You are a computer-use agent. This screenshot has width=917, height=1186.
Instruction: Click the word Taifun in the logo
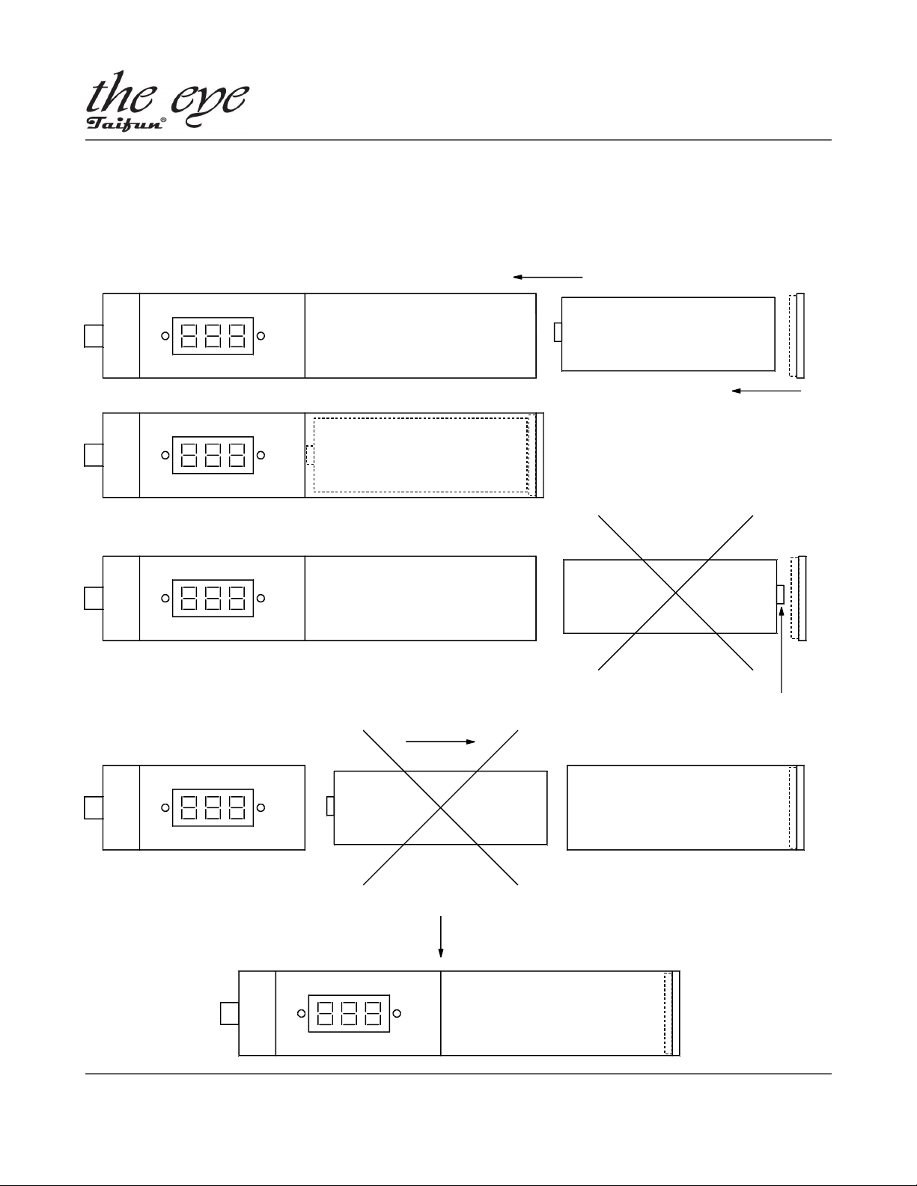124,123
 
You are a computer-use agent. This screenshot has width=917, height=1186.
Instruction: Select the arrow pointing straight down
440,937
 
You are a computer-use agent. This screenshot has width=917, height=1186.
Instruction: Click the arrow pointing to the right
440,742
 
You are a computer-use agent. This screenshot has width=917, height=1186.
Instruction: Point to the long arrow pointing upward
781,649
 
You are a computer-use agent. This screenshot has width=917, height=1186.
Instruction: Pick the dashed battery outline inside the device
421,455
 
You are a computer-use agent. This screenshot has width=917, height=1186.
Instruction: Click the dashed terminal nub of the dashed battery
310,455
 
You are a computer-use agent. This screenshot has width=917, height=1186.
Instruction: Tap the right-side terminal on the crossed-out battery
781,595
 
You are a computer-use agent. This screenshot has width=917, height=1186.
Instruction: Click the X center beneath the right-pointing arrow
440,808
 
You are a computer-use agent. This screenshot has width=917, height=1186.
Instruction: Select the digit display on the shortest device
213,808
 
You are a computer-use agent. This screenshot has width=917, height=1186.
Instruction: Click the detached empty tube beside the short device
686,808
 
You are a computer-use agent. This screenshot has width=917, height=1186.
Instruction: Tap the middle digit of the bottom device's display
349,1014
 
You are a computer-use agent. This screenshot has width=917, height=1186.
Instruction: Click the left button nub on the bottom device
230,1014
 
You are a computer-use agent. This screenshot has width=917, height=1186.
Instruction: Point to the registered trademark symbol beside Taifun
163,119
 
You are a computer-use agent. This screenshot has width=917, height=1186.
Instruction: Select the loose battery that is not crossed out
668,334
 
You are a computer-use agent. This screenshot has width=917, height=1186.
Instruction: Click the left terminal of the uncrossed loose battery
558,332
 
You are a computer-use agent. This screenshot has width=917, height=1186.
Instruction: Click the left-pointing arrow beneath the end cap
767,391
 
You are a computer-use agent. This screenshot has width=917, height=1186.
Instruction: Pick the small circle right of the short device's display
261,808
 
